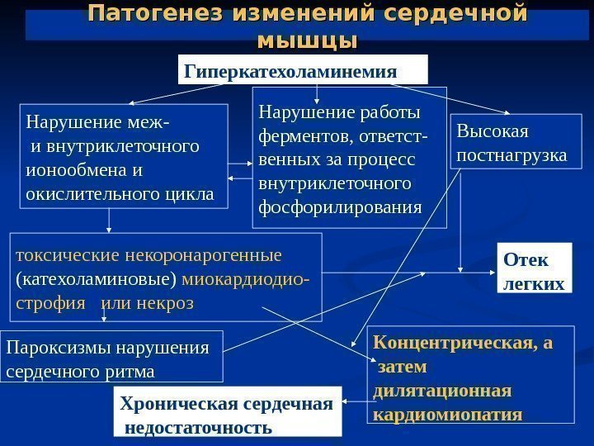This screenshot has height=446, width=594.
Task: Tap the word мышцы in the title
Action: click(307, 40)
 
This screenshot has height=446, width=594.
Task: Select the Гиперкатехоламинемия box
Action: click(304, 71)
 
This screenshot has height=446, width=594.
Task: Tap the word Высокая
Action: click(493, 132)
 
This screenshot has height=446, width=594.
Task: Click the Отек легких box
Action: click(534, 273)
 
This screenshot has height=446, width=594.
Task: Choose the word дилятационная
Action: click(443, 389)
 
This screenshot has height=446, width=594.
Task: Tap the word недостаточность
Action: click(198, 428)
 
